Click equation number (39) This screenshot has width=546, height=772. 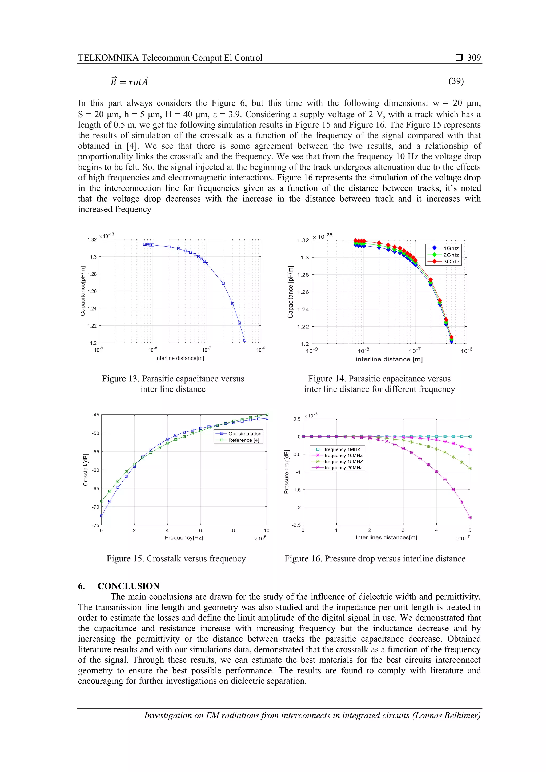456,81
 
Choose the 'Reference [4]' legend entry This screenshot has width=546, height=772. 244,440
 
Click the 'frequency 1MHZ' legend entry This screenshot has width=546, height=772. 342,449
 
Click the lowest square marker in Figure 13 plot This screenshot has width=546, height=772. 245,340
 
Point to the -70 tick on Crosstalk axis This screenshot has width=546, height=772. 95,507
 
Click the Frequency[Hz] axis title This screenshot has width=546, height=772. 184,538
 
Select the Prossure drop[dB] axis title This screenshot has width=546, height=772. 286,472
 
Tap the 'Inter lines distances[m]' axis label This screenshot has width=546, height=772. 386,537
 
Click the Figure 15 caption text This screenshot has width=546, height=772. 176,558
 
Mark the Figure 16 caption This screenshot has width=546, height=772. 375,558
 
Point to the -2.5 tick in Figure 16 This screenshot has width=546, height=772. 296,525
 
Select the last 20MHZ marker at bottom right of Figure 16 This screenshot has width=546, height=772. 470,518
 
